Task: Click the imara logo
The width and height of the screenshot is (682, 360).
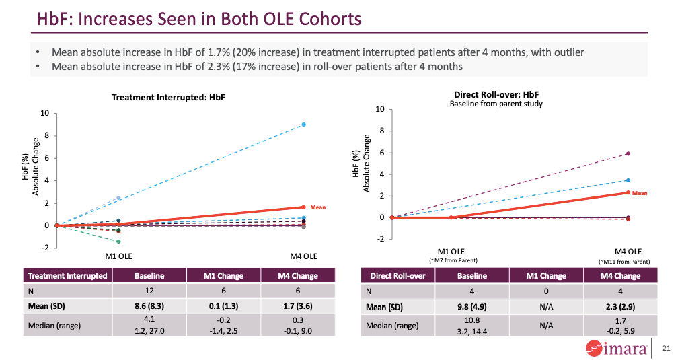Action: pos(615,349)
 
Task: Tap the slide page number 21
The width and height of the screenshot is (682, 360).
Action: pos(667,348)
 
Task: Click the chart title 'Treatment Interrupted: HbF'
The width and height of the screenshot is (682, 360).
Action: pos(167,98)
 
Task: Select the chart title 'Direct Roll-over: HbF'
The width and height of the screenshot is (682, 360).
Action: pos(495,95)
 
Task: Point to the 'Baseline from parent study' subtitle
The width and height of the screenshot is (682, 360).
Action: pos(496,104)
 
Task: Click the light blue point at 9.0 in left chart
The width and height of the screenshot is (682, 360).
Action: pos(304,124)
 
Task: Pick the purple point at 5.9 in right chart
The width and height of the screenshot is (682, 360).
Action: pos(628,153)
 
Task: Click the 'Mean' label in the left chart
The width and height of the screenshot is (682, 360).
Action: pos(317,207)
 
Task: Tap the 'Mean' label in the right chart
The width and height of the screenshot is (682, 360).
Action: pos(640,193)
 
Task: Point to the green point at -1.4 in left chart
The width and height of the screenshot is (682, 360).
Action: pos(118,242)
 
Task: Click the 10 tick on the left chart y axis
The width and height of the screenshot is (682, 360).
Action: pos(45,113)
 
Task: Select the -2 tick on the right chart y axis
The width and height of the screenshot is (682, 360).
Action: pos(379,239)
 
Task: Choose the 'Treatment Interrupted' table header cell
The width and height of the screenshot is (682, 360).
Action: pos(67,275)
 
